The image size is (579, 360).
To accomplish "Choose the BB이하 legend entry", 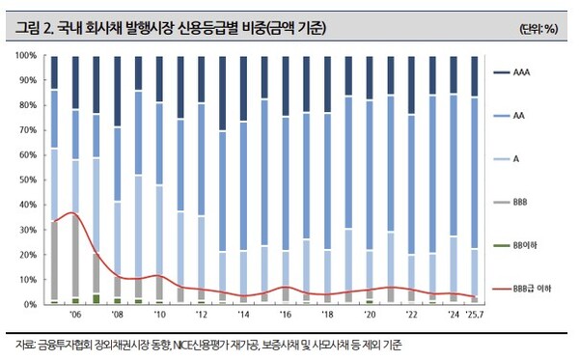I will click(523, 245).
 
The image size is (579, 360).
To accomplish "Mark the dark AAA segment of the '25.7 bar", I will click(473, 76).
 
